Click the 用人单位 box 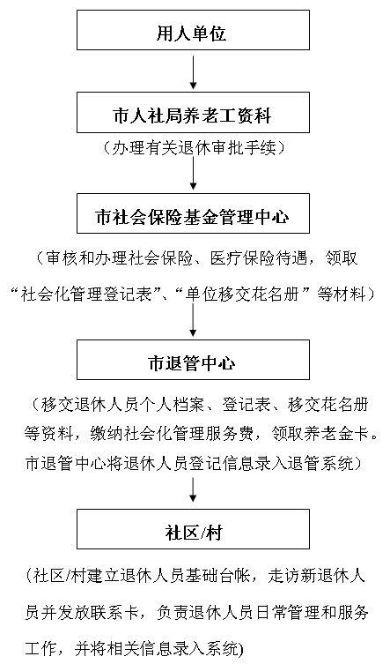[193, 30]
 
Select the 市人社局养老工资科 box [193, 113]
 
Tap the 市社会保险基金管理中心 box [193, 213]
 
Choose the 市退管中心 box [193, 360]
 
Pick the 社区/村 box [193, 529]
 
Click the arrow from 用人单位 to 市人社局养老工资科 [194, 71]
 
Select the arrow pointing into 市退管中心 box [194, 319]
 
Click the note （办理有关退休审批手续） [195, 148]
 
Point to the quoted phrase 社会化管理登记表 [86, 295]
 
